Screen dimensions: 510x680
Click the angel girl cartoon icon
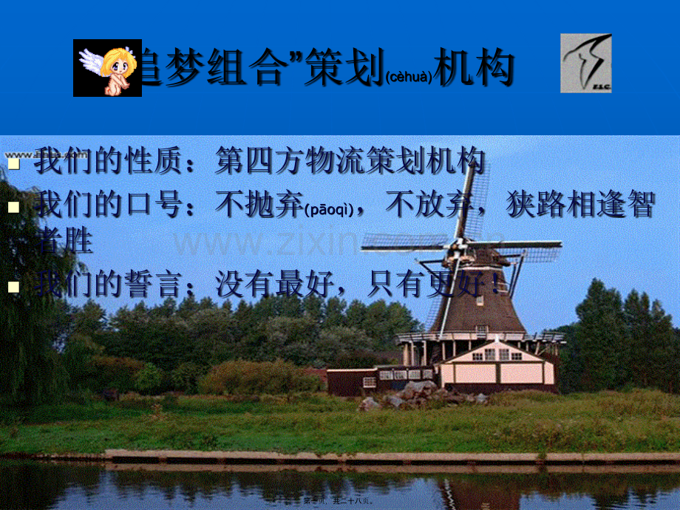click(107, 68)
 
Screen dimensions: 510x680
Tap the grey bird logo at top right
click(585, 63)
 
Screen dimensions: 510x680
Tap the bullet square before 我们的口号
click(13, 207)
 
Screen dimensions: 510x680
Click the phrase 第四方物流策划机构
click(350, 161)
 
